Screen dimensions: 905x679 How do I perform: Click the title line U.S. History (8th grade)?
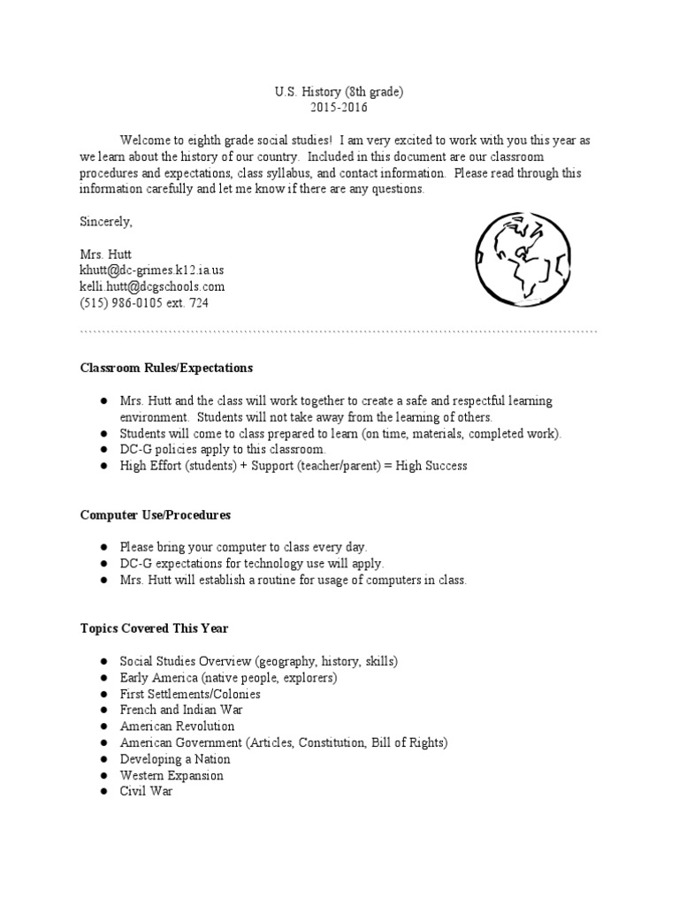(339, 92)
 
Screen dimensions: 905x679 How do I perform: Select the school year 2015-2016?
(339, 108)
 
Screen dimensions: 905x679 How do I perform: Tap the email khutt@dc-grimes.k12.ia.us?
(158, 270)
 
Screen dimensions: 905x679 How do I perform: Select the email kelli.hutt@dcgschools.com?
(152, 286)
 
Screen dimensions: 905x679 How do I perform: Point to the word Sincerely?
(105, 221)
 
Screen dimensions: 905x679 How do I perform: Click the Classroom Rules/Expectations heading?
(166, 368)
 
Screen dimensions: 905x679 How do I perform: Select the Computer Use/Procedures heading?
(156, 514)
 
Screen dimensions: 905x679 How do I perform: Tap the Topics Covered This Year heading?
(154, 628)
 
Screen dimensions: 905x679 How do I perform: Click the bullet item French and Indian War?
(181, 710)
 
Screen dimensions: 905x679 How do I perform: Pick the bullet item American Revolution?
(178, 726)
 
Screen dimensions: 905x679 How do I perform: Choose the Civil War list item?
(147, 792)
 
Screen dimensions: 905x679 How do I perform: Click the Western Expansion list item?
(172, 776)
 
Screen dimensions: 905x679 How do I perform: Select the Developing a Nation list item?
(175, 759)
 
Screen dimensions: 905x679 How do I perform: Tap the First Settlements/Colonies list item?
(190, 694)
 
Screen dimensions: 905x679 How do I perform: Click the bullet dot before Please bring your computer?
(103, 547)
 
